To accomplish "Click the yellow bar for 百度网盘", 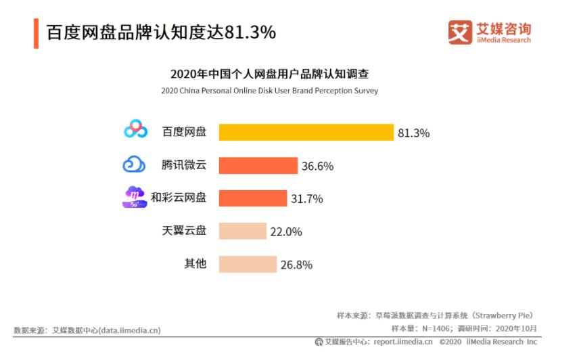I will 306,133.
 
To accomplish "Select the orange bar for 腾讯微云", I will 258,166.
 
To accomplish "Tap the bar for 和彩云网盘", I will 252,198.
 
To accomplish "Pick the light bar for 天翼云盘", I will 242,231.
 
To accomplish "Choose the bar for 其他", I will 248,264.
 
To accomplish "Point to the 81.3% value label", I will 413,133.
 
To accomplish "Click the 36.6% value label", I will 317,166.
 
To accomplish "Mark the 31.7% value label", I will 306,199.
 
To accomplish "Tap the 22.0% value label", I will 286,231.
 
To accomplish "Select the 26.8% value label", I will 296,265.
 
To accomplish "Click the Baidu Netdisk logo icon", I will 136,129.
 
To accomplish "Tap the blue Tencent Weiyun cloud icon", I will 134,164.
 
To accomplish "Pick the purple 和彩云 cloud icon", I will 134,197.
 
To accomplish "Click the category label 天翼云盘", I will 184,231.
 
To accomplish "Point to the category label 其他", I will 195,263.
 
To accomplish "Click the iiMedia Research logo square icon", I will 460,32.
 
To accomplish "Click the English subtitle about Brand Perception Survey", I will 269,91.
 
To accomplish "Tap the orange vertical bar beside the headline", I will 36,33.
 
